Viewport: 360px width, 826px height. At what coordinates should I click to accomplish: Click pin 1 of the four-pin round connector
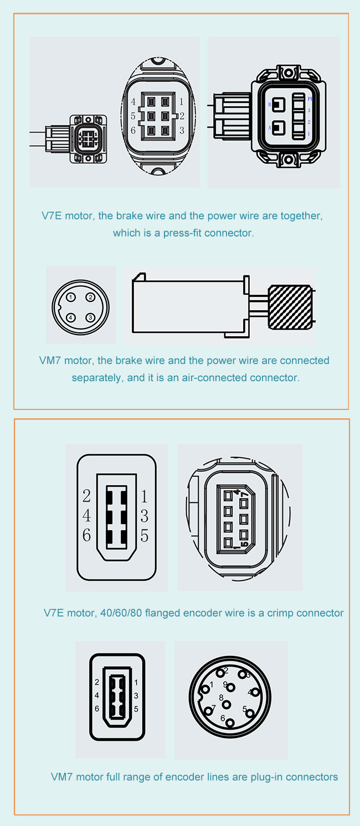[x=71, y=297]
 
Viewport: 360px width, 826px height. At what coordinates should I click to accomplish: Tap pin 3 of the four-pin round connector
[x=90, y=317]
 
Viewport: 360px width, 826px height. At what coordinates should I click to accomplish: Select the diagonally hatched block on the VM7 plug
[x=290, y=307]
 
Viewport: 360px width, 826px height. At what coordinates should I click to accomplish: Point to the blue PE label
[x=310, y=99]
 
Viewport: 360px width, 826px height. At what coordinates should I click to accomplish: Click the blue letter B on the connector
[x=269, y=105]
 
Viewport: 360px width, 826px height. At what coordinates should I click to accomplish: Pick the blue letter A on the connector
[x=269, y=128]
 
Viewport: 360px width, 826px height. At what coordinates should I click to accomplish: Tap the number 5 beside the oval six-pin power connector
[x=133, y=116]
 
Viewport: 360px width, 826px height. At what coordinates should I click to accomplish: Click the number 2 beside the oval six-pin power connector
[x=182, y=116]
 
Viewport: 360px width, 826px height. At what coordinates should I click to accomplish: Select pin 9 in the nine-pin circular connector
[x=230, y=688]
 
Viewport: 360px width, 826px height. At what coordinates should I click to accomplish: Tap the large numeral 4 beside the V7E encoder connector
[x=86, y=516]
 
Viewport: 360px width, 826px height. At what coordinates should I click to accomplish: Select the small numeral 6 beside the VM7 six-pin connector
[x=97, y=709]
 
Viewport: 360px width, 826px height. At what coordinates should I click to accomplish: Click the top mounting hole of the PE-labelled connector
[x=289, y=72]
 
